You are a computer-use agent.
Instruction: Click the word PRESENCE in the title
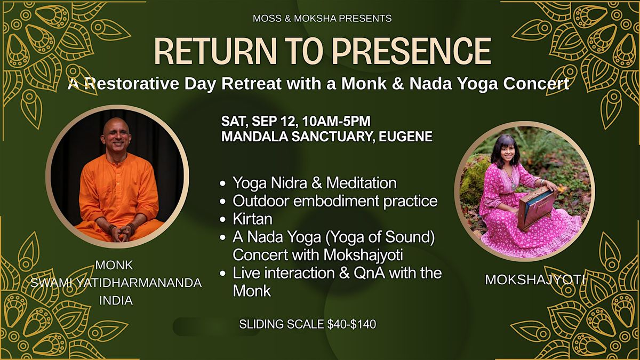tap(411, 51)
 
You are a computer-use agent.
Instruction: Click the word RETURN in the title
tap(215, 51)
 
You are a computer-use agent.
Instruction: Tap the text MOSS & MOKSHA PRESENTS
tap(322, 19)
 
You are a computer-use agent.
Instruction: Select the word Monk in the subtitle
tap(364, 84)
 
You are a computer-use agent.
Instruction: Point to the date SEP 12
tap(274, 121)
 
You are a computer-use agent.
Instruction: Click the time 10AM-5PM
tap(337, 121)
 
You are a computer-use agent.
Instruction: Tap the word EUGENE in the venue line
tap(405, 137)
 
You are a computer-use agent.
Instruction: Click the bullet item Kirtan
tap(253, 219)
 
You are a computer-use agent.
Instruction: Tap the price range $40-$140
tap(351, 324)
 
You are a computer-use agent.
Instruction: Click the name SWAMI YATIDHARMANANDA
tap(116, 283)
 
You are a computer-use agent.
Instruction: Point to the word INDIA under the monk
tap(116, 301)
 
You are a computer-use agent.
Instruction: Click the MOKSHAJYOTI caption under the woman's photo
tap(535, 279)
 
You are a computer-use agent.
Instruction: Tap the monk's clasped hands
tap(121, 233)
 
